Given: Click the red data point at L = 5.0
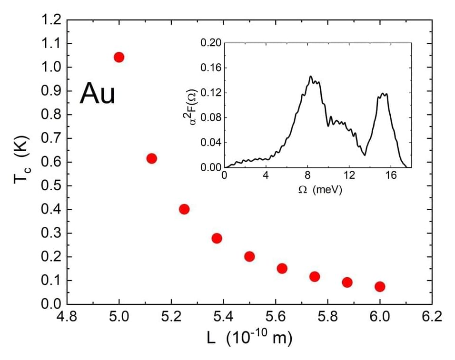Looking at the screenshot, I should (x=119, y=57).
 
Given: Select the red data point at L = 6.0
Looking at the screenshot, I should (x=380, y=286).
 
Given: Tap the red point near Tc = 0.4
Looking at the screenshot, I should (x=184, y=209).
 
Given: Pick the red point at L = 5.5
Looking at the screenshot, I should (x=249, y=256).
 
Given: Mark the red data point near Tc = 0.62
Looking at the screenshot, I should (x=152, y=158).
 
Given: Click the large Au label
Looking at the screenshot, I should (x=98, y=93).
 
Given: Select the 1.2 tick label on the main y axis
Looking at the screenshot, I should (x=51, y=20).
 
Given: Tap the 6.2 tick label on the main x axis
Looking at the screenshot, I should (x=431, y=317).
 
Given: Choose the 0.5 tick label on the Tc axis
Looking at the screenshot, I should (x=51, y=186).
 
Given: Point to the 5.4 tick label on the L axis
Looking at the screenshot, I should (x=223, y=317).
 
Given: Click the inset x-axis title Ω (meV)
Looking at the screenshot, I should (x=320, y=189).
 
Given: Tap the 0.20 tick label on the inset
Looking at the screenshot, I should (x=211, y=43).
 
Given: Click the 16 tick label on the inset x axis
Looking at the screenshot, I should (x=390, y=175).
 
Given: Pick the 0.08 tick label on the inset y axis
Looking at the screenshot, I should (x=211, y=117).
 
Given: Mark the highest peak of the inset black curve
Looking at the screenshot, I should (x=311, y=76).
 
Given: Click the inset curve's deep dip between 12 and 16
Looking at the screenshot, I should (x=365, y=155).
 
